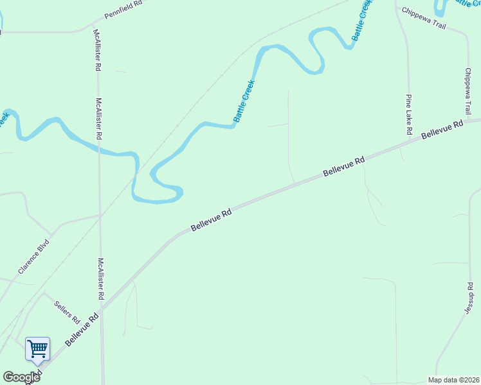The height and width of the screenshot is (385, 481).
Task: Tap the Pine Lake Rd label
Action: coord(408,114)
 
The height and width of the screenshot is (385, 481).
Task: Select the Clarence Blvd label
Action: coord(34,257)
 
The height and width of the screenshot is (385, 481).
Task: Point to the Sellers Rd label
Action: coord(66,311)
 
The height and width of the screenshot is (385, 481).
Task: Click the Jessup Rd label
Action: coord(469,298)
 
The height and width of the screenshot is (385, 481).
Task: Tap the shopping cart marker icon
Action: coord(37,350)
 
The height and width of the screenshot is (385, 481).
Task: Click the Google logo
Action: coord(21,377)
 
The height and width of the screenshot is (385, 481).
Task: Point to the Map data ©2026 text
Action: coord(453,380)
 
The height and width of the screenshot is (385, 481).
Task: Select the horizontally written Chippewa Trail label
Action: coord(423,17)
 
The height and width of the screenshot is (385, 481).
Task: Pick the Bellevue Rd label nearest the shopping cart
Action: coord(82,330)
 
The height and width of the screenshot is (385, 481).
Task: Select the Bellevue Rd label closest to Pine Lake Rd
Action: coord(442,130)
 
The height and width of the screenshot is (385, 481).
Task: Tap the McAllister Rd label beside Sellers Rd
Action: coord(100,279)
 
